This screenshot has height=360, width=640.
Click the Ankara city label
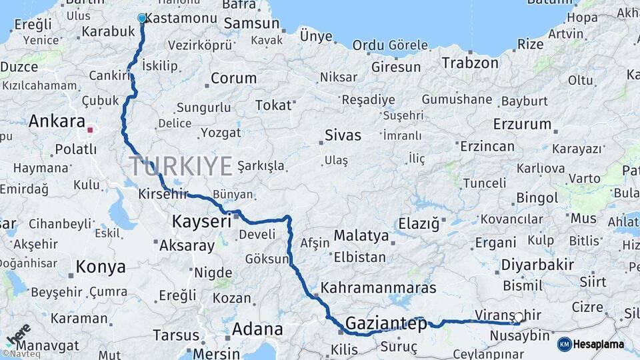pos(55,121)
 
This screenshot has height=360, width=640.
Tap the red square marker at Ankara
pos(90,129)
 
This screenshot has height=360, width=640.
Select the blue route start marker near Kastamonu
pos(141,19)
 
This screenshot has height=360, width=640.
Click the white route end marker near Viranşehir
pos(518,317)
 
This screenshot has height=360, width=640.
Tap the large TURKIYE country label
pos(181,166)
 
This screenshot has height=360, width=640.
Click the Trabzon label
pos(469,63)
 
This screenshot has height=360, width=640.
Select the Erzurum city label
pos(523,124)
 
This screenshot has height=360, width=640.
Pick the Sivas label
pos(343,135)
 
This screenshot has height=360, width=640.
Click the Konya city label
pos(100,267)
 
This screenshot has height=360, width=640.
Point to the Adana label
pos(257,329)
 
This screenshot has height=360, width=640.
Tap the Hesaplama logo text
pos(598,345)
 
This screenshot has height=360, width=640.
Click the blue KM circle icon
pos(564,345)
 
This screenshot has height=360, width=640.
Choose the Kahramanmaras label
pos(378,288)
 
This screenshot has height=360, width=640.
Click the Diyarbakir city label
pos(538,265)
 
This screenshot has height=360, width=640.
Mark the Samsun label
pos(251,24)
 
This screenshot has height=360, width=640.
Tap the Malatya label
pos(361,235)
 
